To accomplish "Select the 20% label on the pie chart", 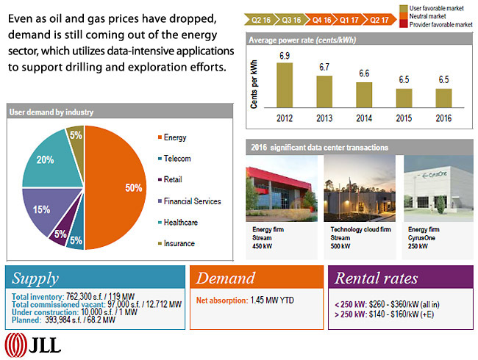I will pos(46,160).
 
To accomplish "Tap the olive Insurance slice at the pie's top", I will pos(76,136).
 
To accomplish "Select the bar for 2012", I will pos(285,84).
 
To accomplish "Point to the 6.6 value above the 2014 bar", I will pos(363,73).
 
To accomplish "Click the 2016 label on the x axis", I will pos(443,118).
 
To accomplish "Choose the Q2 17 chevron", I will pos(380,20).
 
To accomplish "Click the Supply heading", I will pos(35,278).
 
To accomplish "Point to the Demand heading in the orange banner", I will pos(225,278).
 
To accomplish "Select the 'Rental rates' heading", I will pos(376,278).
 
